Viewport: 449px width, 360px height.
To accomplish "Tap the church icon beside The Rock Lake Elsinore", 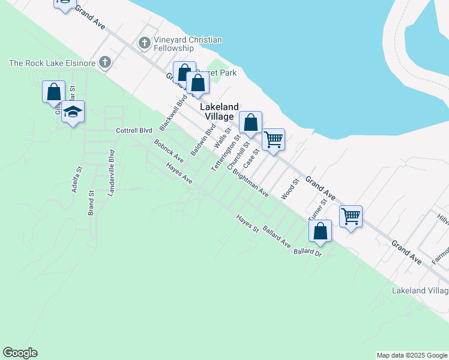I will pyautogui.click(x=105, y=62).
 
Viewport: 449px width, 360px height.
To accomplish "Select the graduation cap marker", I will pyautogui.click(x=73, y=113).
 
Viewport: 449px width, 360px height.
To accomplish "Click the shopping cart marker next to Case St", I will pyautogui.click(x=273, y=140).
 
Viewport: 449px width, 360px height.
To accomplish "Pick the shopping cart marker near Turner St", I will pyautogui.click(x=351, y=217).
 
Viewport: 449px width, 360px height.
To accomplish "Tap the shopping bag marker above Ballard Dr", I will pyautogui.click(x=321, y=232).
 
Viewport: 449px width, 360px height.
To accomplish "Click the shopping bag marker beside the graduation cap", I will pyautogui.click(x=53, y=93).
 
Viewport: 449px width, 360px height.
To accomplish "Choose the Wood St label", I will pyautogui.click(x=290, y=188).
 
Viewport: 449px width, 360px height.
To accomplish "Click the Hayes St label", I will pyautogui.click(x=247, y=224).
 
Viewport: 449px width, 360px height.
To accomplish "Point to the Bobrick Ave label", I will pyautogui.click(x=169, y=152).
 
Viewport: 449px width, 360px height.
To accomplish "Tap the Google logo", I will pyautogui.click(x=20, y=353).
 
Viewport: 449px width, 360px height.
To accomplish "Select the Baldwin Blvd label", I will pyautogui.click(x=203, y=140).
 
